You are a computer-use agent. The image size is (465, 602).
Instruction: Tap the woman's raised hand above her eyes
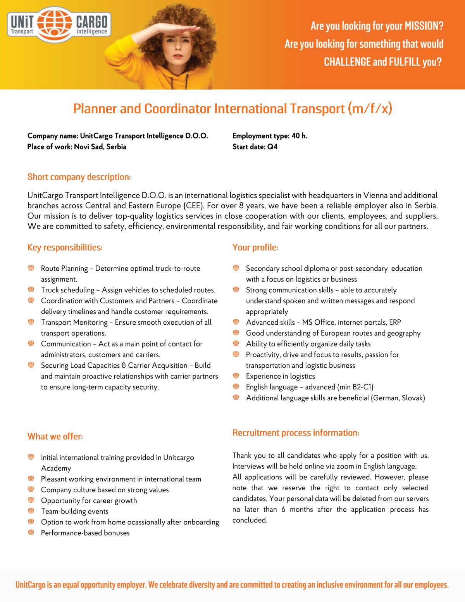point(182,32)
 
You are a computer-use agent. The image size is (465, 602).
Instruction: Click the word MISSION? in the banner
point(424,26)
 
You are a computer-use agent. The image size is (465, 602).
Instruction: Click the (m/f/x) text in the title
point(370,109)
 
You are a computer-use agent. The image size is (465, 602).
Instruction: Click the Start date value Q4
point(272,147)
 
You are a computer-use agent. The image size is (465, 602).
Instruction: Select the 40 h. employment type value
point(299,136)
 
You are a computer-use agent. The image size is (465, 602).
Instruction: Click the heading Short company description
point(79,177)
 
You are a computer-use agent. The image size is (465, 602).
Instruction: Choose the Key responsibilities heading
point(65,247)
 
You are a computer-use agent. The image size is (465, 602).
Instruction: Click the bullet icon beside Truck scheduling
point(31,289)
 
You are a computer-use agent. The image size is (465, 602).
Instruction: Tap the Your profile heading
point(255,247)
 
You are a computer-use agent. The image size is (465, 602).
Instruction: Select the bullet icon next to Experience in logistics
point(236,375)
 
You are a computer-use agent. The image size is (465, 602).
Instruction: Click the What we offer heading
point(55,436)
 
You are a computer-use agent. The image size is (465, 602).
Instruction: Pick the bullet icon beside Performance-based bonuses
point(31,532)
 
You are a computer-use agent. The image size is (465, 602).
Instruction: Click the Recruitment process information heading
point(296,433)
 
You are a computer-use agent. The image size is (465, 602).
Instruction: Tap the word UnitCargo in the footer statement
point(31,585)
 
